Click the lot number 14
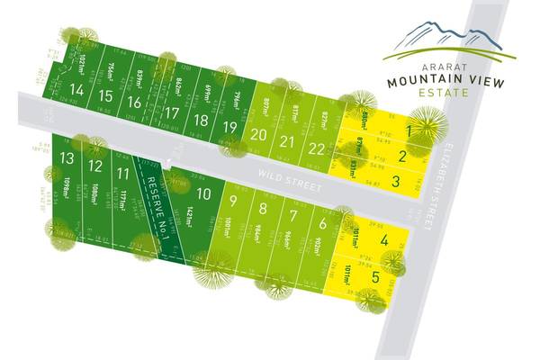76,90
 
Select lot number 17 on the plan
171,112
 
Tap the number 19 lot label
229,127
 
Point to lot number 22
315,148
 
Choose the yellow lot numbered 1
409,131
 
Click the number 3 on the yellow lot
396,181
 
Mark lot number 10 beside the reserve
204,193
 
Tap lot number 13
66,157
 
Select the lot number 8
263,209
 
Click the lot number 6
322,224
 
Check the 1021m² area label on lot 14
83,65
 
